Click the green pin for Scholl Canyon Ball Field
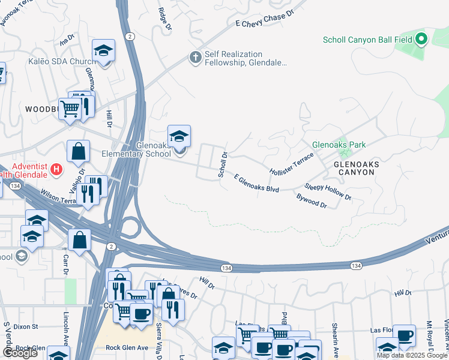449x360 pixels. click(421, 40)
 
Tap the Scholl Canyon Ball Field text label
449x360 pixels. click(367, 40)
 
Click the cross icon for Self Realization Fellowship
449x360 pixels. click(195, 58)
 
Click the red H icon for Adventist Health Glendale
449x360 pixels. click(56, 170)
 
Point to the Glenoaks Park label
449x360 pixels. click(339, 145)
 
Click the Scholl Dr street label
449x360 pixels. click(223, 164)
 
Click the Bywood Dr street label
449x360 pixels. click(312, 201)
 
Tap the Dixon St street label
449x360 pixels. click(26, 327)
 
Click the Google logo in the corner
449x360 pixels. click(19, 353)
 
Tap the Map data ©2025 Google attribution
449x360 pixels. click(411, 355)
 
